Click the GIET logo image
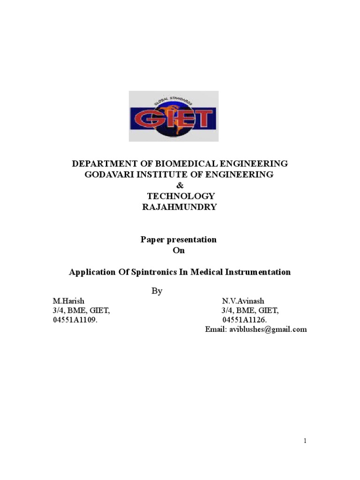point(173,116)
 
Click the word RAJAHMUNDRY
point(180,207)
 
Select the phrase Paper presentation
point(179,240)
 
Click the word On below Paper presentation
point(179,250)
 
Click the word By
point(157,291)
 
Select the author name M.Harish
point(68,300)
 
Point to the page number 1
point(305,441)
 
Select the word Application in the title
point(91,272)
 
